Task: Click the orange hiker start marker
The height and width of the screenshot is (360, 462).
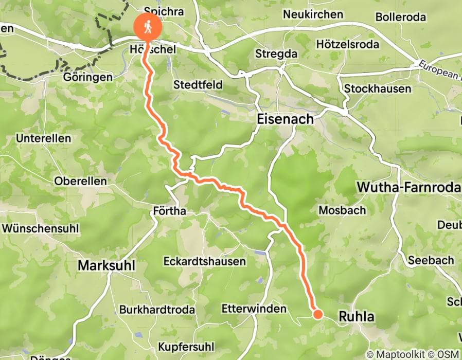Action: click(148, 27)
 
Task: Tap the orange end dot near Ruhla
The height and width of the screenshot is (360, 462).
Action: click(317, 314)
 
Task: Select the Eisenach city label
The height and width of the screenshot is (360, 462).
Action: click(285, 119)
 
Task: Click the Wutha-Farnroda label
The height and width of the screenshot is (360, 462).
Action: click(408, 188)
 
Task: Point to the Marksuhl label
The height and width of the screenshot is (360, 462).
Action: click(106, 265)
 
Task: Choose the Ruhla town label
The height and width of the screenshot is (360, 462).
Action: click(357, 317)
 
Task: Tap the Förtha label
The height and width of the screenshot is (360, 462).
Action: click(169, 211)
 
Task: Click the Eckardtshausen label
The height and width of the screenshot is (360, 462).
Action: click(204, 261)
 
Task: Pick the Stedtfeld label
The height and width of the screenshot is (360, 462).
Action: click(197, 84)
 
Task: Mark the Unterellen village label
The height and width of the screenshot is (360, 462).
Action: click(43, 139)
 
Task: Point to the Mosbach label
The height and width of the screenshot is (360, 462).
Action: click(342, 210)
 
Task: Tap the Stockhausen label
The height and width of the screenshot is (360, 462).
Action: click(377, 88)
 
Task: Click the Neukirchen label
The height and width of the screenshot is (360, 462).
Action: click(312, 14)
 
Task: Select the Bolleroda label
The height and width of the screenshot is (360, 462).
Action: click(400, 17)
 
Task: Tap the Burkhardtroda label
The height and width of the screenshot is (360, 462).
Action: click(157, 310)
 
